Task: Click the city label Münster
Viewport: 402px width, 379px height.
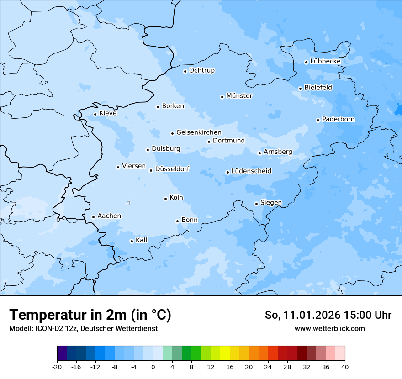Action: click(239, 96)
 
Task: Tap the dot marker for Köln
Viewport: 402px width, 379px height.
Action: click(165, 199)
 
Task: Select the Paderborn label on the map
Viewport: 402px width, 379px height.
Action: click(338, 119)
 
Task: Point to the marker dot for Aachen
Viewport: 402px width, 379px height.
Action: click(93, 217)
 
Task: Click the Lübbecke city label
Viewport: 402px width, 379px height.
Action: click(325, 61)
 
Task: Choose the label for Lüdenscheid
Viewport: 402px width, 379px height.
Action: click(251, 171)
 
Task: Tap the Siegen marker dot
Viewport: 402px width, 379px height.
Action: click(256, 204)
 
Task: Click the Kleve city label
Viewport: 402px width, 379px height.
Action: click(108, 113)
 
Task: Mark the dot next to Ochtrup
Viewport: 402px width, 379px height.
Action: click(185, 71)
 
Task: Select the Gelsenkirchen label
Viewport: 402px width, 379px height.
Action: click(199, 132)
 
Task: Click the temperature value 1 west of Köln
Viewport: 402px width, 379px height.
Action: click(129, 203)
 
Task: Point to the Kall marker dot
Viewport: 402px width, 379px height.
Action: click(132, 241)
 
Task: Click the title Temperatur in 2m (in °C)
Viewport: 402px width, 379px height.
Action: click(90, 315)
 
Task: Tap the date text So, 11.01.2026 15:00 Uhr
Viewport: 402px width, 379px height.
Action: click(328, 315)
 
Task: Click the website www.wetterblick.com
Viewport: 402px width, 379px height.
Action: click(329, 328)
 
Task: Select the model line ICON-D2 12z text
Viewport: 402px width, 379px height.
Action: click(83, 328)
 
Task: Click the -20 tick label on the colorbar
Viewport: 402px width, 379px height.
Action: click(57, 367)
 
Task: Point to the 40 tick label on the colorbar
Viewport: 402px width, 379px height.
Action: click(345, 367)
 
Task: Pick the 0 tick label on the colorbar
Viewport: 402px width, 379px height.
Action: click(153, 367)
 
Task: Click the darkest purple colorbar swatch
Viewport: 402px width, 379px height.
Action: click(62, 353)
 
